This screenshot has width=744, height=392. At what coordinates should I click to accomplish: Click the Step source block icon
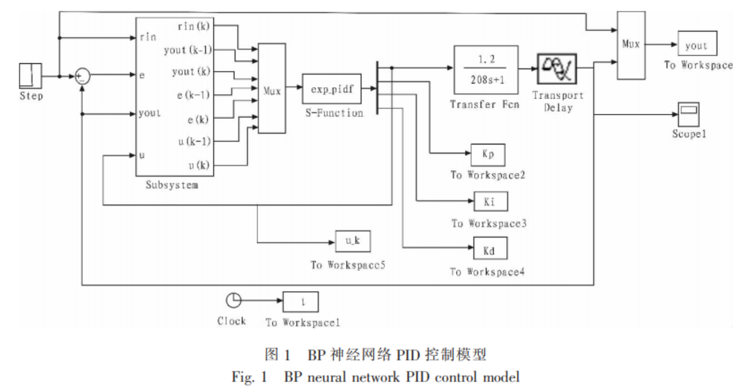tap(30, 76)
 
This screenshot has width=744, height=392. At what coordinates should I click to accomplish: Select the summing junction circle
tap(83, 76)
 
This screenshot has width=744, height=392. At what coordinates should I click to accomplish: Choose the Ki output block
tap(490, 202)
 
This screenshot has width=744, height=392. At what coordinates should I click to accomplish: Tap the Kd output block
tap(490, 248)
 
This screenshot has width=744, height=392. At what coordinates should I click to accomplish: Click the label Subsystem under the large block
tap(172, 186)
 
